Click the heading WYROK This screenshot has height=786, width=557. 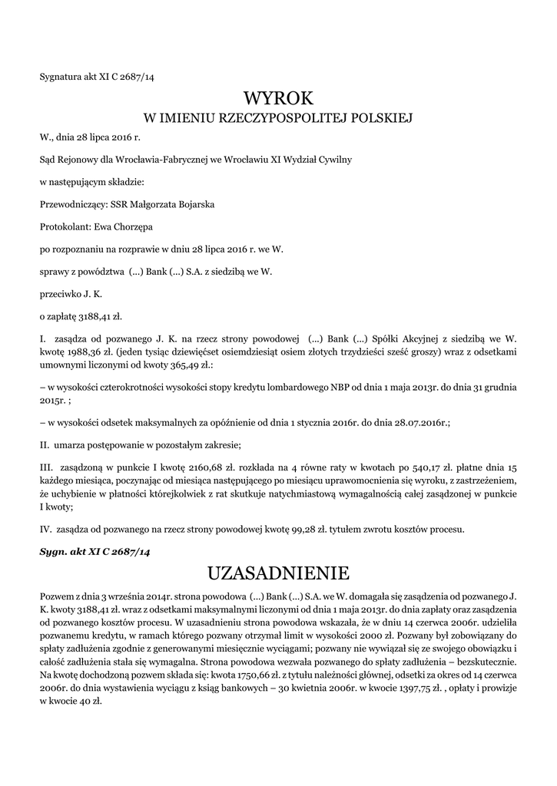(278, 98)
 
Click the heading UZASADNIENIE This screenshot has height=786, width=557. (278, 573)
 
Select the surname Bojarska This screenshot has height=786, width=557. (194, 205)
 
